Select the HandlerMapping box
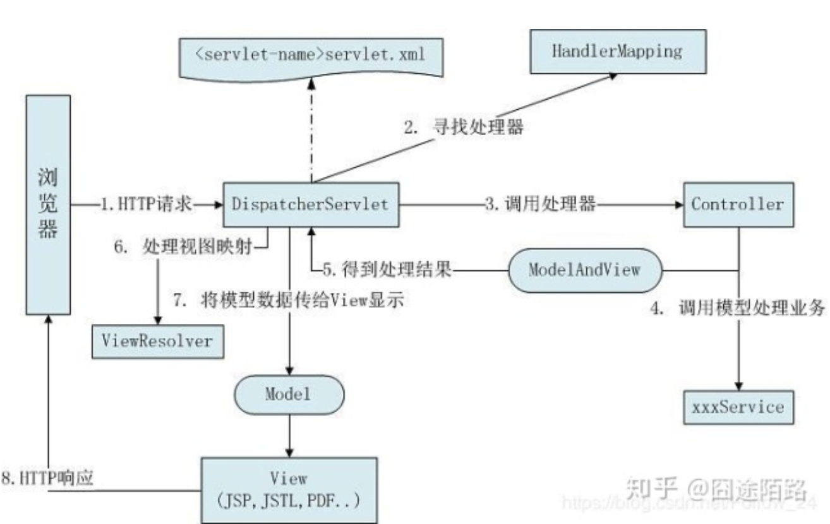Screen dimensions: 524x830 coord(617,52)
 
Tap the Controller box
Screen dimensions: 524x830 coord(737,204)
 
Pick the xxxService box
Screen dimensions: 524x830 coord(737,407)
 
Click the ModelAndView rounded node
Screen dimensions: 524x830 coord(584,270)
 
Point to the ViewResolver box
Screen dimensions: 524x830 coord(157,341)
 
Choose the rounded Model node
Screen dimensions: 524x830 coord(289,395)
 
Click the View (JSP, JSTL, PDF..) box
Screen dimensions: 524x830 coord(289,489)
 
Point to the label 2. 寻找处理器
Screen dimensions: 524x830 coord(464,128)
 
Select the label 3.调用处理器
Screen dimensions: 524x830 coord(541,205)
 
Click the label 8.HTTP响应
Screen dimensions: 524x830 coord(47,478)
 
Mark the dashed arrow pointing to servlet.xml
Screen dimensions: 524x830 coord(311,129)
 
